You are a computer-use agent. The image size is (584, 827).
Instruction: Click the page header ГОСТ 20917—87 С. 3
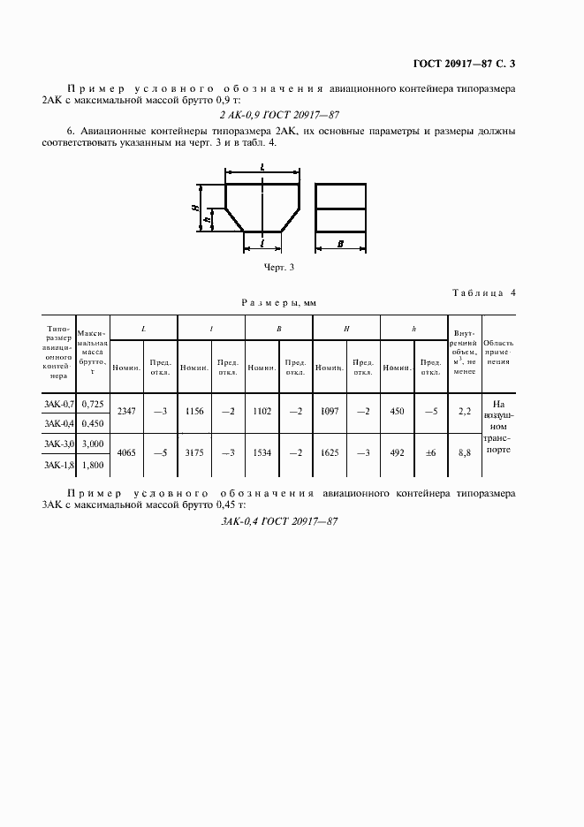tap(464, 64)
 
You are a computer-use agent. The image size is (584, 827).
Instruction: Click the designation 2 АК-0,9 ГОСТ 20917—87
tap(278, 115)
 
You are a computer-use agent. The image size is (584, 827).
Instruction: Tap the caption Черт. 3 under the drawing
tap(279, 267)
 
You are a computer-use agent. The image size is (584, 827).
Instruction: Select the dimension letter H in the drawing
tap(193, 208)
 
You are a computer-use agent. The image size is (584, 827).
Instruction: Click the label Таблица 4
tap(483, 292)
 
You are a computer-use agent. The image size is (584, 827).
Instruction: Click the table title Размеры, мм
tap(279, 302)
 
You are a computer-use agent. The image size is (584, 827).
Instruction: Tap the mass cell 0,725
tap(92, 404)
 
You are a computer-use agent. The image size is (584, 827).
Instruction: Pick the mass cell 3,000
tap(92, 444)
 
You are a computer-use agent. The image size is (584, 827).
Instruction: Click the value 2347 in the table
tap(126, 412)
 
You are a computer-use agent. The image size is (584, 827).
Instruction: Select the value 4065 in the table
tap(126, 452)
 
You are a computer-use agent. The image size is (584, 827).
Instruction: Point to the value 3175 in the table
tap(193, 452)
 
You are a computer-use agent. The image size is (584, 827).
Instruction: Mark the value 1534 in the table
tap(261, 452)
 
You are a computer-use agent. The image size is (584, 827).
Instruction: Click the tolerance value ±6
tap(431, 452)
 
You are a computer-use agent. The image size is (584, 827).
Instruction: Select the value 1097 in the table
tap(329, 412)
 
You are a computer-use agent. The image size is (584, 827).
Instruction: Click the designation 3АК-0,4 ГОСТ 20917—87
tap(279, 521)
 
